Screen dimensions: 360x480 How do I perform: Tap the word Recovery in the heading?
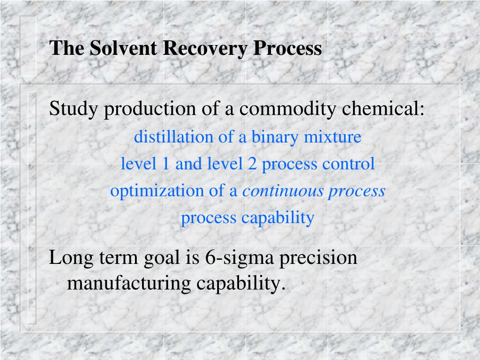tap(205, 48)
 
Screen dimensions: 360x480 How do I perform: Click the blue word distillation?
tap(167, 137)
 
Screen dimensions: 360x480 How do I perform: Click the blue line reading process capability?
tap(247, 218)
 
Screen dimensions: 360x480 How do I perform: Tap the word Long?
tap(67, 258)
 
